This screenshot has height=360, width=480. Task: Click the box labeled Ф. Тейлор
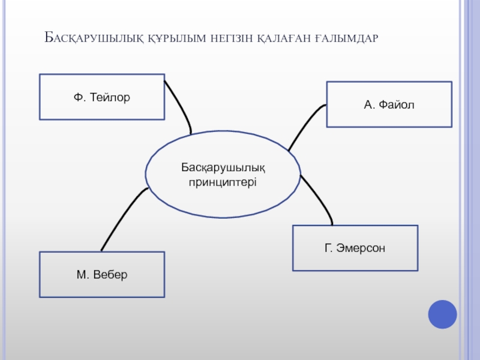coord(102,97)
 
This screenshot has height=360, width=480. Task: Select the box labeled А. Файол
coord(389,104)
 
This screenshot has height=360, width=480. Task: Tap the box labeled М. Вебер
coord(102,274)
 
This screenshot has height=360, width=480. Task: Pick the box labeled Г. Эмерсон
coord(355,248)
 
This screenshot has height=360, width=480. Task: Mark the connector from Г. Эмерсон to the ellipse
coord(319,199)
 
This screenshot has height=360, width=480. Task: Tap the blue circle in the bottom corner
coord(443,314)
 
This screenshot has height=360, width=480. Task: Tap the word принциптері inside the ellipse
coord(223,181)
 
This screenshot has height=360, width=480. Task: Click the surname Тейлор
coord(110,97)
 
